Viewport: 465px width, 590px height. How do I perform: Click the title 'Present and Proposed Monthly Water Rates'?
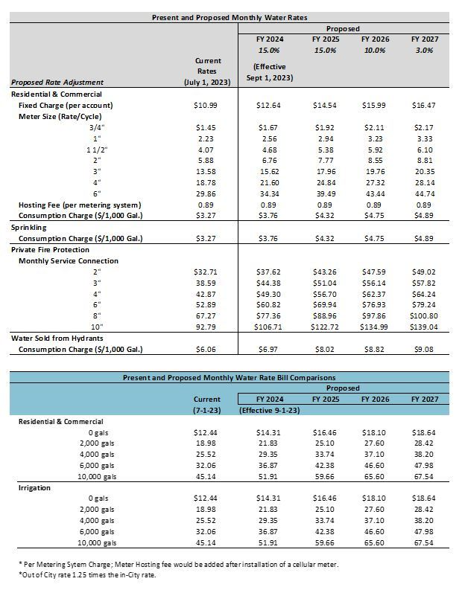230,16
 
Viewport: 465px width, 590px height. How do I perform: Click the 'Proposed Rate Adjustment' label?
58,82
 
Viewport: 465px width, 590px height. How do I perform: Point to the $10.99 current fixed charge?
205,106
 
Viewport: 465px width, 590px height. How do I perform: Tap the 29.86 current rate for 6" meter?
206,193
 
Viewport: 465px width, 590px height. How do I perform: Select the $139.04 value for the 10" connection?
423,327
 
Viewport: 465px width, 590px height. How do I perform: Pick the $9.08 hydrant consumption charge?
423,349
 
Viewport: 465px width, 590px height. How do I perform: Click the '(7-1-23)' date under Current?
207,410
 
